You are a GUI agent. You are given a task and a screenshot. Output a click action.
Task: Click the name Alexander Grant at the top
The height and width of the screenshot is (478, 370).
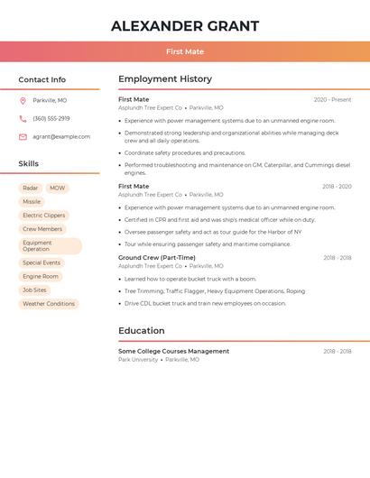185,26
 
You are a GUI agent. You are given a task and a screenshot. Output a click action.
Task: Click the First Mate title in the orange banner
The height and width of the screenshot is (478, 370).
185,51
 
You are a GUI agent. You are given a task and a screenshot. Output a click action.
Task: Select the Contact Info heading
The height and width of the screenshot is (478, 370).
42,79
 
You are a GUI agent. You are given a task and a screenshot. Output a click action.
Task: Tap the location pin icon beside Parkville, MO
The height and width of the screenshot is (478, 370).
23,100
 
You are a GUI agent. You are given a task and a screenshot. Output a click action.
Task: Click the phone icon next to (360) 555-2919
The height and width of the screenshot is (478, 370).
23,118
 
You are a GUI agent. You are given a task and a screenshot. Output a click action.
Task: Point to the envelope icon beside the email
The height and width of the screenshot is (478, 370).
23,137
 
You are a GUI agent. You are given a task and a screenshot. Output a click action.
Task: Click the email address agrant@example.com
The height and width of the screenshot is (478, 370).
61,137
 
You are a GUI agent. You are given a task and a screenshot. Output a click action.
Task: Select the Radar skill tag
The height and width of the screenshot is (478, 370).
31,188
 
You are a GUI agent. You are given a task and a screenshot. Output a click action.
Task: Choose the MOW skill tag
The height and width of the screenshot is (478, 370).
58,188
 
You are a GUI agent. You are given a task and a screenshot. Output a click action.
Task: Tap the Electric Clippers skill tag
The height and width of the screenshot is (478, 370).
43,216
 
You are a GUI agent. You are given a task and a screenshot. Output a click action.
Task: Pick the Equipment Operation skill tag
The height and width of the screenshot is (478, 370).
51,245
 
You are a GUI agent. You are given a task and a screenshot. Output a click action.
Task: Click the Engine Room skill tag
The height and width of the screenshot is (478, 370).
41,276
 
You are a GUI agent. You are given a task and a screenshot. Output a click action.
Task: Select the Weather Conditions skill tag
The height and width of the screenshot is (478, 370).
49,304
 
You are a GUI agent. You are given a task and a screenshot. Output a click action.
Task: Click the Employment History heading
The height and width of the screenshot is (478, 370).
165,79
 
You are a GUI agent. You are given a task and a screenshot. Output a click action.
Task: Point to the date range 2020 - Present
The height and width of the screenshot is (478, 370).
332,99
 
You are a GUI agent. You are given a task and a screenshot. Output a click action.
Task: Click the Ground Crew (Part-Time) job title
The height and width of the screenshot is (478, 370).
157,258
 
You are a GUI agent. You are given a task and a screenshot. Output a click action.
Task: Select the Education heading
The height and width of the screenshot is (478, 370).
142,331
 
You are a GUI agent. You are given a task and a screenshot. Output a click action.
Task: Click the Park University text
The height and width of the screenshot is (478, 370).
138,360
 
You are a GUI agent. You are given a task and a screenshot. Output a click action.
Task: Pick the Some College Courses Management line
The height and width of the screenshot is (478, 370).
173,351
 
